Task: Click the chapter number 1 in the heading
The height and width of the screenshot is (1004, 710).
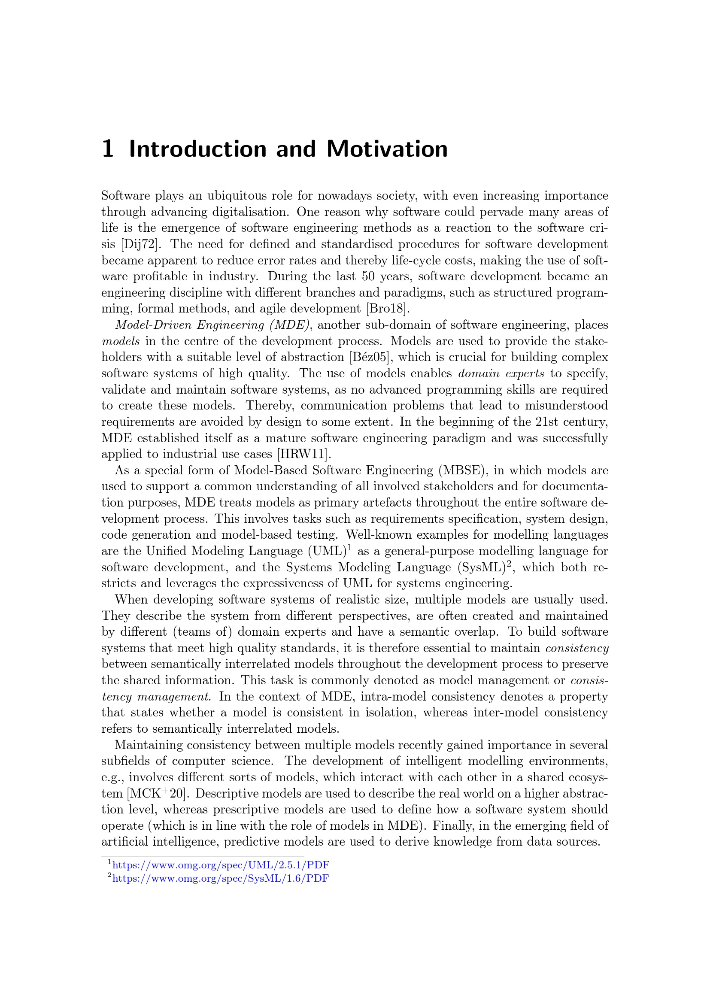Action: coord(108,149)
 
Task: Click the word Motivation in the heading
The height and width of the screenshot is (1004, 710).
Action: coord(387,149)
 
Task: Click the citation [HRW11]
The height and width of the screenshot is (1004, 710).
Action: coord(301,454)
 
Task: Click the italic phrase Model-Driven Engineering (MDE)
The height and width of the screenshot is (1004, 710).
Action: coord(213,325)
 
